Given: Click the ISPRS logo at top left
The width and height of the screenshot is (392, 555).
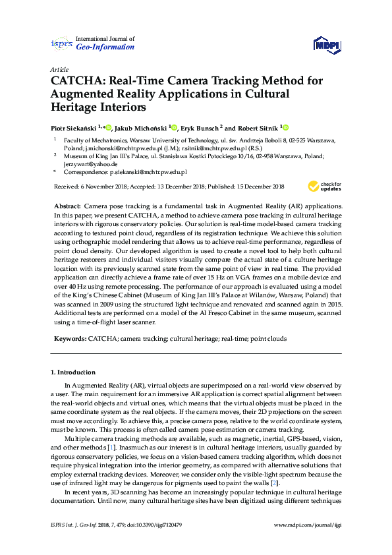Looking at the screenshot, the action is tap(61, 44).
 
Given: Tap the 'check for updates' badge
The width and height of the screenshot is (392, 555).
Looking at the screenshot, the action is tap(325, 186).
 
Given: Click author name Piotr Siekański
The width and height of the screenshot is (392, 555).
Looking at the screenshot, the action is tap(74, 128).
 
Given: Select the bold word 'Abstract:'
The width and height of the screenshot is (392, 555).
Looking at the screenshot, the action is tap(68, 206).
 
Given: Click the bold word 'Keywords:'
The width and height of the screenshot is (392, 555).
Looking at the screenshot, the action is tap(69, 337).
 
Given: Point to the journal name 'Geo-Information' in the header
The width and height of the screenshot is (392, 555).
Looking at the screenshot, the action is tap(105, 47).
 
